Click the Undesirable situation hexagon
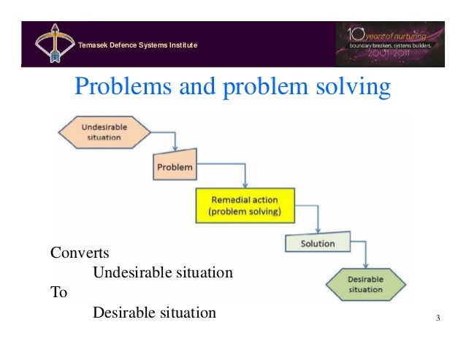[x=104, y=132]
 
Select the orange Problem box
[x=175, y=167]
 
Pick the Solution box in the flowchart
[x=318, y=243]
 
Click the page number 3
[x=437, y=317]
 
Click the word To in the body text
[x=58, y=293]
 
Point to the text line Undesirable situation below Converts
[x=162, y=273]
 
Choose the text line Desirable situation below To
[x=154, y=313]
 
